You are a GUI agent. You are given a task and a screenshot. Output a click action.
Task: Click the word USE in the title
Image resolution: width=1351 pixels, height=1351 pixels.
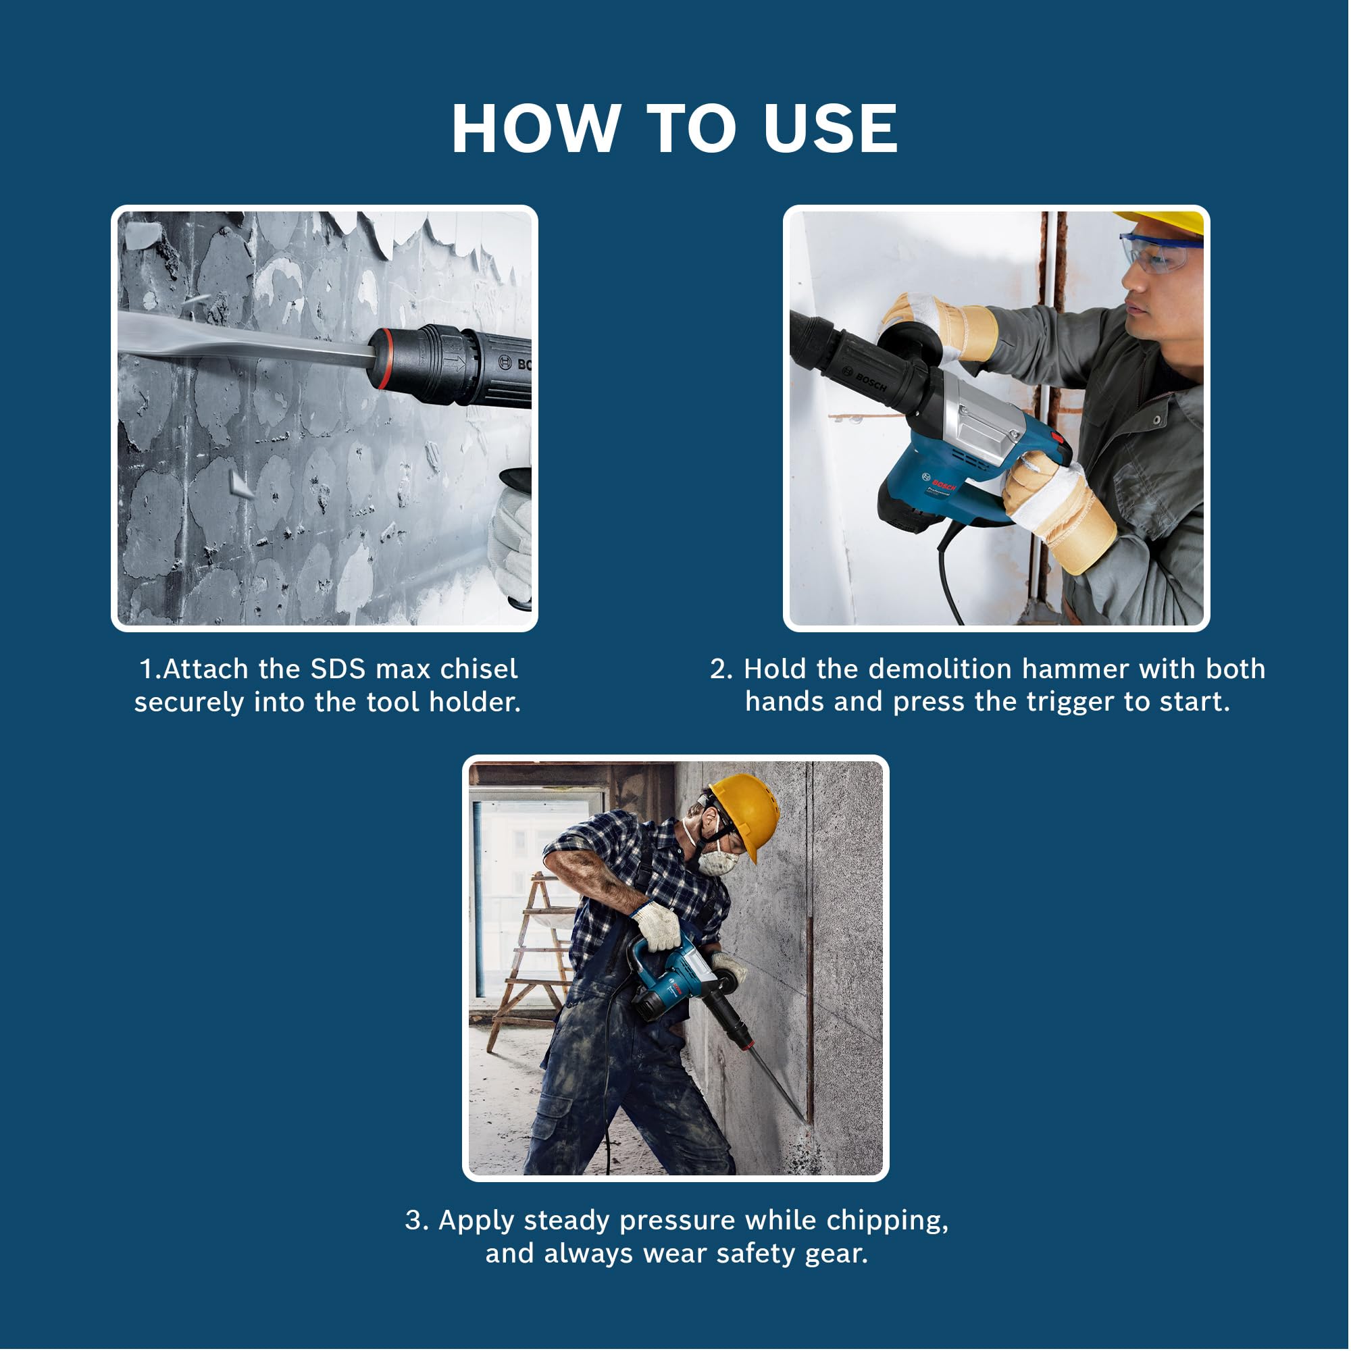click(x=831, y=128)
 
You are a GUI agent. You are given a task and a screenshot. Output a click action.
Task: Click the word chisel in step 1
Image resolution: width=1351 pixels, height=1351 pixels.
click(x=479, y=669)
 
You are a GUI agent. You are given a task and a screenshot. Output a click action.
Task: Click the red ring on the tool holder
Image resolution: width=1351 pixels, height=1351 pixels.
click(x=378, y=357)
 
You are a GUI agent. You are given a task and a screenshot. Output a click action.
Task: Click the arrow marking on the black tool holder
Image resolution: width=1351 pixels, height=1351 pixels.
click(x=455, y=363)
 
